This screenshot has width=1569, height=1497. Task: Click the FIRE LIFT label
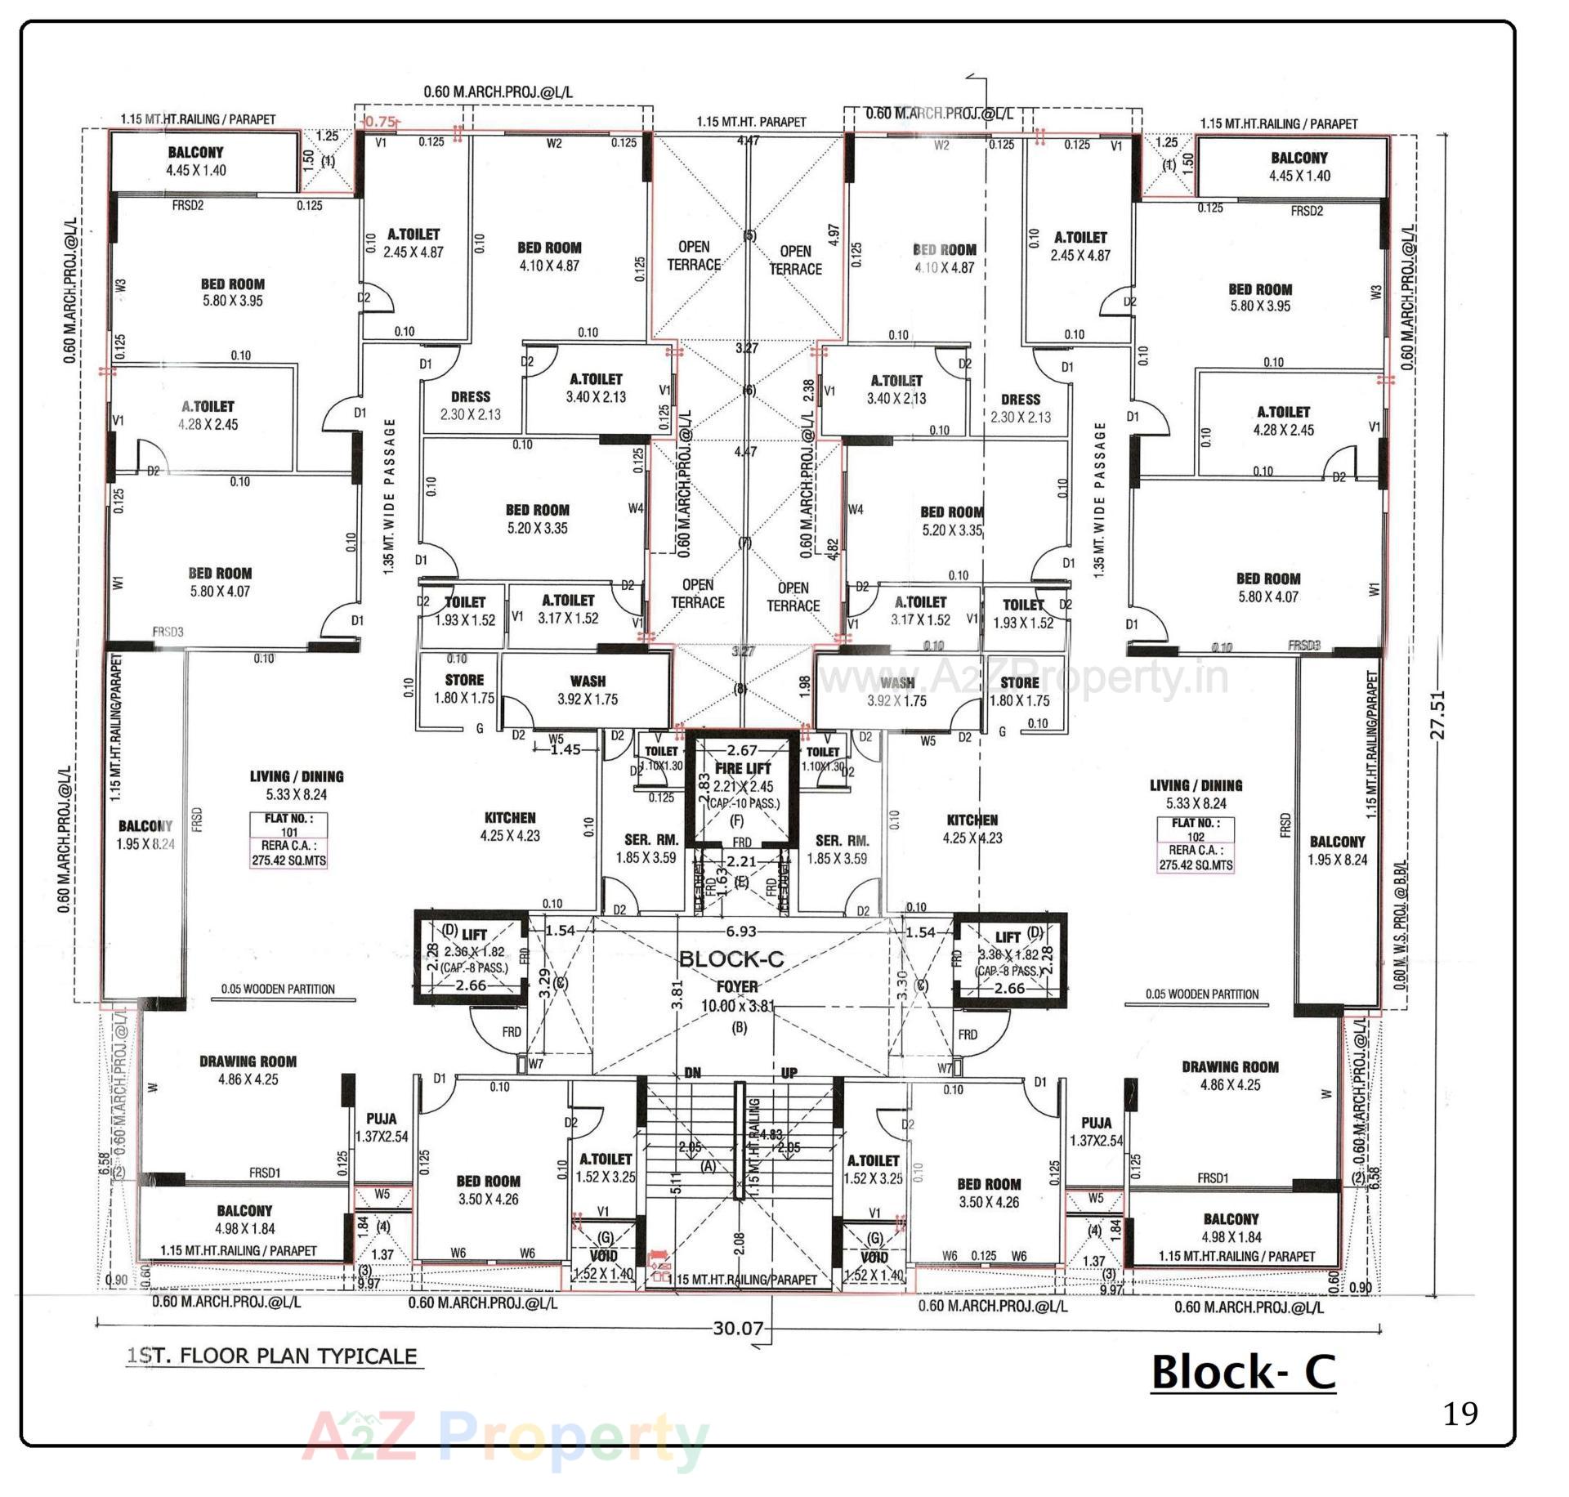pos(742,769)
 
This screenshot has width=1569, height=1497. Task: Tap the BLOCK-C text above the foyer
pos(731,959)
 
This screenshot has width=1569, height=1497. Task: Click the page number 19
pos(1460,1413)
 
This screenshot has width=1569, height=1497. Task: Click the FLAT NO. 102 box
pos(1196,845)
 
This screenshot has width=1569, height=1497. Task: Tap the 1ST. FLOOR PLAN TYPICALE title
pos(272,1356)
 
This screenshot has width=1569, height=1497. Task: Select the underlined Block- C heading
pos(1243,1372)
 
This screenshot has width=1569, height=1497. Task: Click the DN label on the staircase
pos(692,1073)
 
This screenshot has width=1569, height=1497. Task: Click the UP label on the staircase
pos(789,1073)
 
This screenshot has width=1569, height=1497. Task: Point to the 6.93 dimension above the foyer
pos(740,932)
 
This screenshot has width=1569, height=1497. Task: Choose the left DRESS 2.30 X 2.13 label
pos(470,405)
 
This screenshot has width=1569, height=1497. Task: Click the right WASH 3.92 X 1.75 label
pos(896,691)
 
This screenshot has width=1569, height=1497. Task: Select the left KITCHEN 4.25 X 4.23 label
pos(510,826)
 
